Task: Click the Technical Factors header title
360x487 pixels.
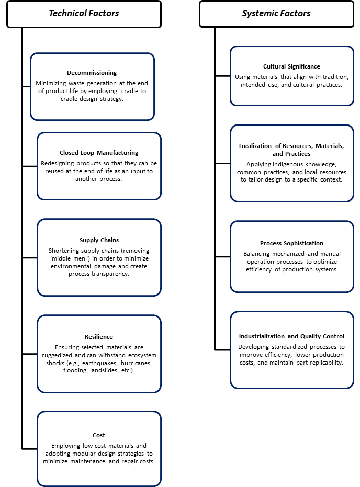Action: pos(84,14)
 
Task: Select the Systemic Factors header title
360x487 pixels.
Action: pos(276,14)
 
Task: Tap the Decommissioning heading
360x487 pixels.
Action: pos(92,73)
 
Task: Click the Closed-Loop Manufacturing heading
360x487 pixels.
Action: pos(99,153)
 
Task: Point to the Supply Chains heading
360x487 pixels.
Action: pos(99,240)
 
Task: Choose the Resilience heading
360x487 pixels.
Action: pos(99,337)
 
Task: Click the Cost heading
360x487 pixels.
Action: pos(99,435)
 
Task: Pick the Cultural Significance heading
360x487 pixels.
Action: pos(291,66)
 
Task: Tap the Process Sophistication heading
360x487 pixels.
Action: pos(291,243)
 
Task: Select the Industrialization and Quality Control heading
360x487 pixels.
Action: pos(291,336)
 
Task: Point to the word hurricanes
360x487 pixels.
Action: pos(137,363)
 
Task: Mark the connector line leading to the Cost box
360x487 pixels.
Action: pos(30,449)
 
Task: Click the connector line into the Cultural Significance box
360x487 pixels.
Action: pos(222,76)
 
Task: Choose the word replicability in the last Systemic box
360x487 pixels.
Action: pos(326,363)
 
